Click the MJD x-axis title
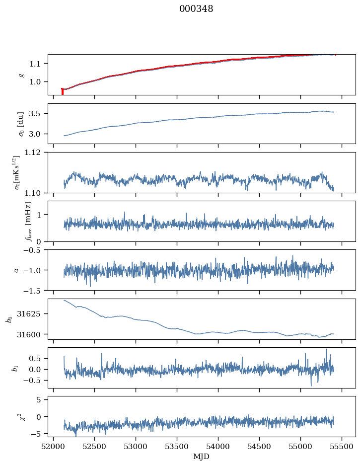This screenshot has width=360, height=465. [201, 456]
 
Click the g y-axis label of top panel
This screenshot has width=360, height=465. [21, 75]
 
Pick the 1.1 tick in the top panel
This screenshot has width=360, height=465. [37, 64]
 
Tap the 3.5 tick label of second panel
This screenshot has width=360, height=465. [37, 114]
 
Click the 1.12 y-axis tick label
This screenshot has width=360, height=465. [35, 153]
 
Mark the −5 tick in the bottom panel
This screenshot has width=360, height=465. [38, 434]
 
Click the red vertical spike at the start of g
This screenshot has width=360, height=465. [62, 91]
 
